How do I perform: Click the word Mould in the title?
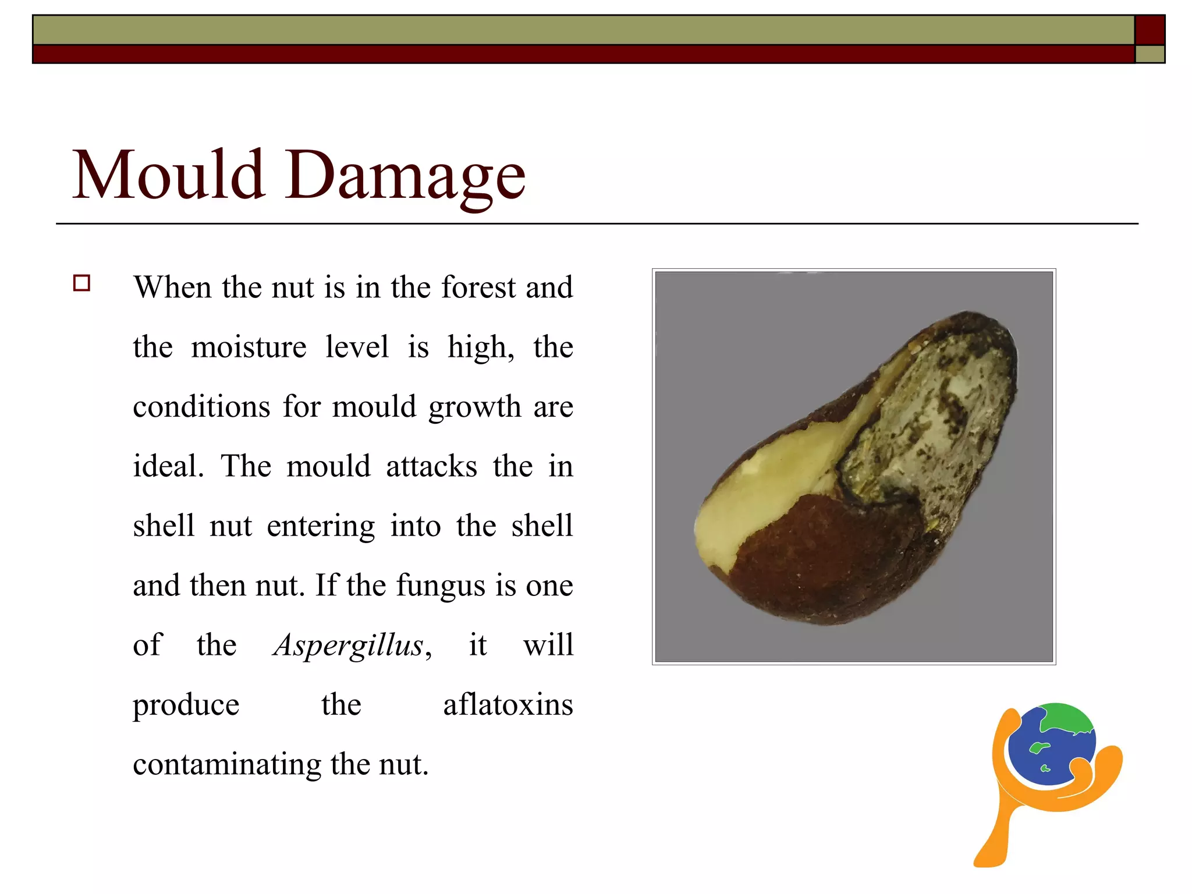point(169,175)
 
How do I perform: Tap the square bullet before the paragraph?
point(82,283)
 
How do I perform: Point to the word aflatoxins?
point(508,705)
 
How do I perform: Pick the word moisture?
point(249,347)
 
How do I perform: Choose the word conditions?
point(201,407)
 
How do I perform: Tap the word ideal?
point(168,466)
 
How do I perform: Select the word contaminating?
point(227,765)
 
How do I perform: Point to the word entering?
point(321,526)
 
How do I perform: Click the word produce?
point(186,705)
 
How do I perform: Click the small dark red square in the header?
point(1150,30)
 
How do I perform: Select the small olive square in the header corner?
point(1150,54)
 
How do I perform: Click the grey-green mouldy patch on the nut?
point(931,419)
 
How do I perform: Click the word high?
point(480,347)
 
